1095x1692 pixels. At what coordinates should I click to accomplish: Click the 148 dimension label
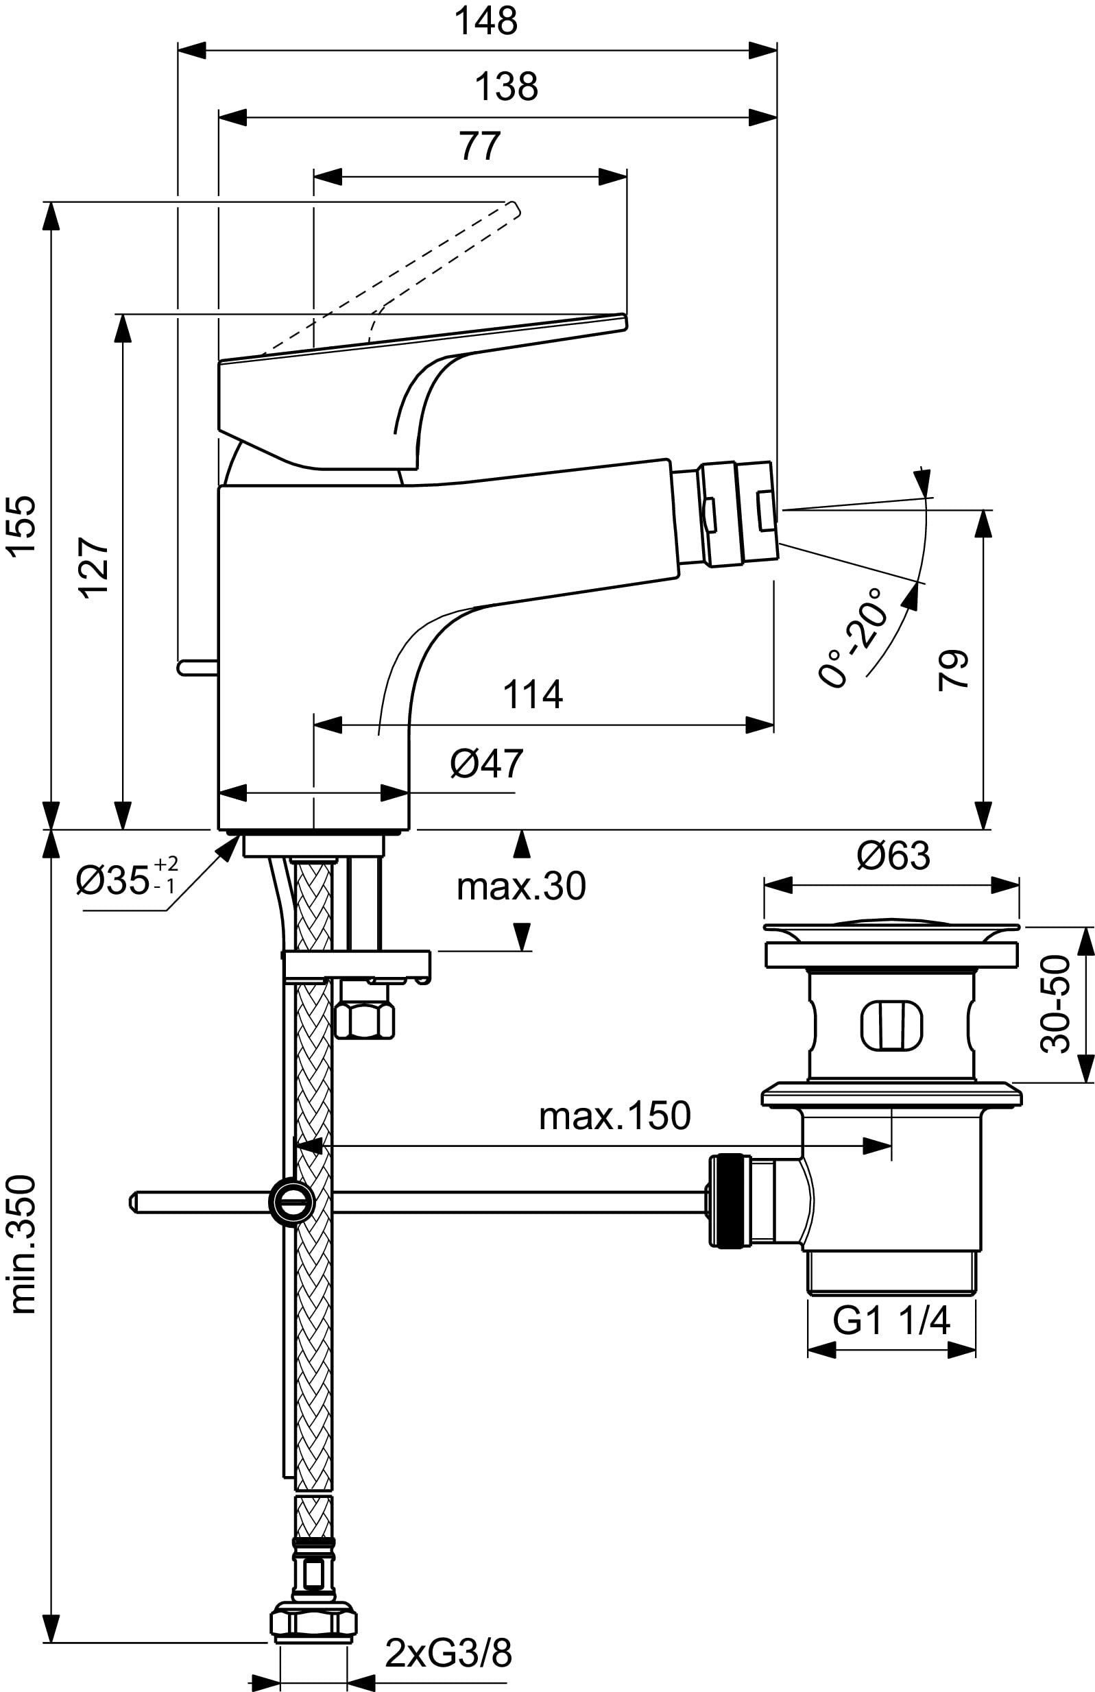486,21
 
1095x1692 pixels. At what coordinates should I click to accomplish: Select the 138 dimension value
506,88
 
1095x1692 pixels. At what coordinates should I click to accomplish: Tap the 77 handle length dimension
480,147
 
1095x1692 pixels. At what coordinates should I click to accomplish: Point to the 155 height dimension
21,525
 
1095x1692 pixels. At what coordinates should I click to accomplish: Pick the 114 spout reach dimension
533,694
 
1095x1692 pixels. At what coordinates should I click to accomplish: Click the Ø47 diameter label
486,764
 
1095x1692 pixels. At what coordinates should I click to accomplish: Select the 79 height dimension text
954,668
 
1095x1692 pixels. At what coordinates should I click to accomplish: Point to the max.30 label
521,886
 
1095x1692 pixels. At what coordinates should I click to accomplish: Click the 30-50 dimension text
1056,1004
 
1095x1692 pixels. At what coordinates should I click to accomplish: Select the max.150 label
614,1116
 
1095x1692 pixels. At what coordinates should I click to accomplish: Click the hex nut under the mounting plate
363,1022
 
